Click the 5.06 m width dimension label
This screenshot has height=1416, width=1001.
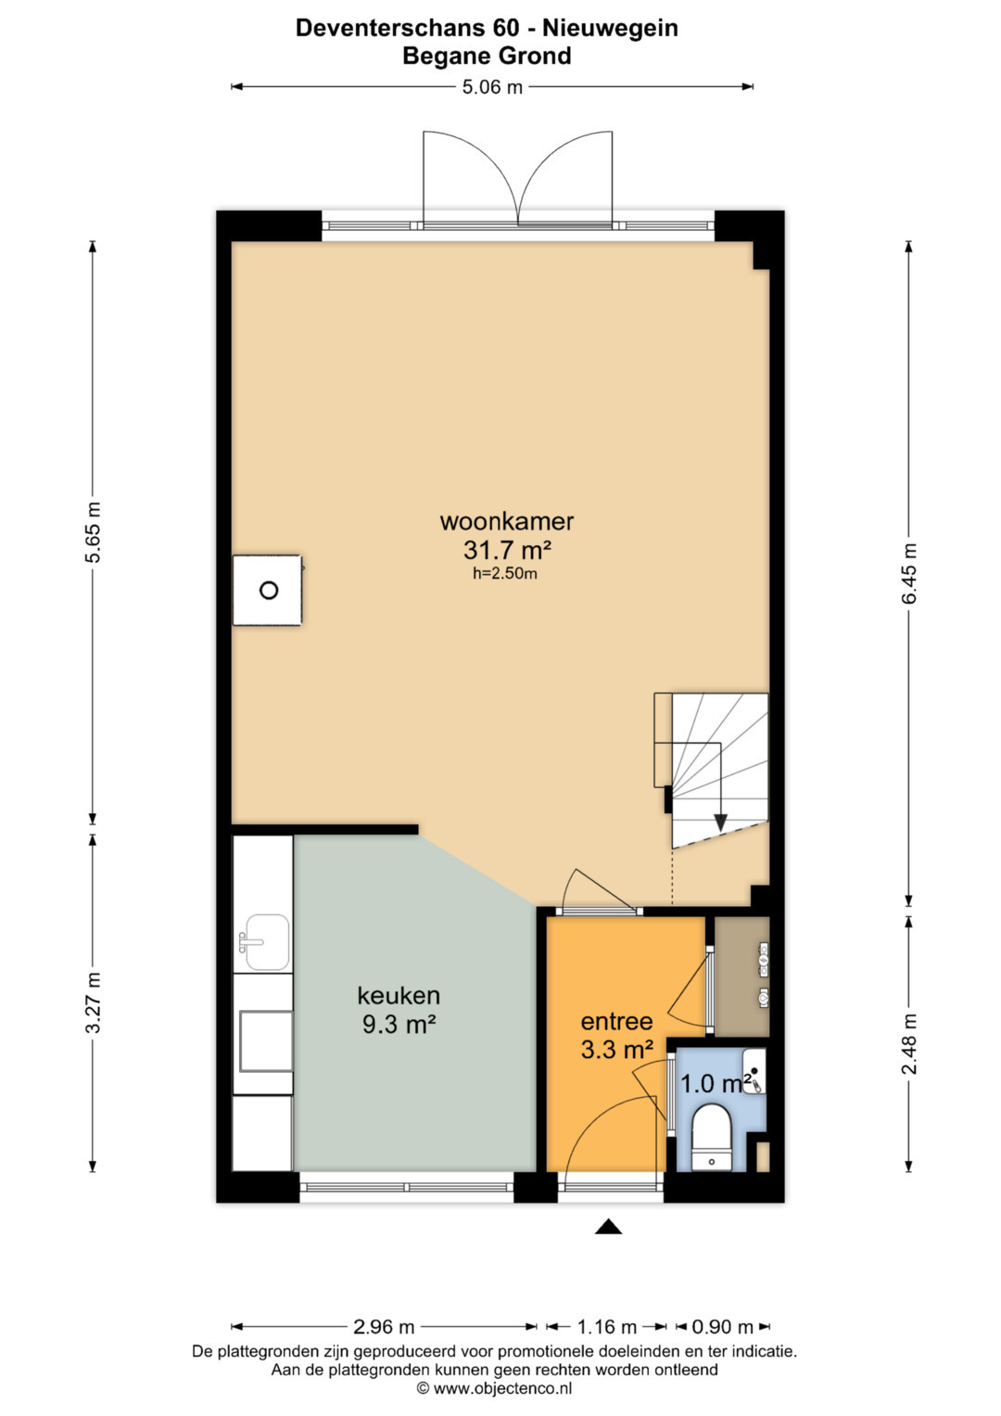pyautogui.click(x=492, y=87)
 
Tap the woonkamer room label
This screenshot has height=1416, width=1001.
pyautogui.click(x=507, y=521)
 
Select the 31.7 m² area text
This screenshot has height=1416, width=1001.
pyautogui.click(x=508, y=550)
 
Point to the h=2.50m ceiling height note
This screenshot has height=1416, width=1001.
pyautogui.click(x=505, y=574)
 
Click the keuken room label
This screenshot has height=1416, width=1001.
pyautogui.click(x=399, y=996)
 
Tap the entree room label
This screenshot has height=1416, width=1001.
pyautogui.click(x=616, y=1022)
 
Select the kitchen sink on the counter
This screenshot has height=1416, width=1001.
pyautogui.click(x=264, y=941)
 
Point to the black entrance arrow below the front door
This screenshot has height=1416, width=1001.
pyautogui.click(x=609, y=1226)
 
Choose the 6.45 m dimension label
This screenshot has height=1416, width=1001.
pyautogui.click(x=908, y=574)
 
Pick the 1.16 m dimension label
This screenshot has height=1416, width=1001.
pyautogui.click(x=607, y=1327)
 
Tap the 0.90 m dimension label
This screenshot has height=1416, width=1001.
pyautogui.click(x=723, y=1327)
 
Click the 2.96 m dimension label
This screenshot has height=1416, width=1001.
pyautogui.click(x=384, y=1327)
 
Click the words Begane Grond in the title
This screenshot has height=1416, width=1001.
pyautogui.click(x=487, y=57)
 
